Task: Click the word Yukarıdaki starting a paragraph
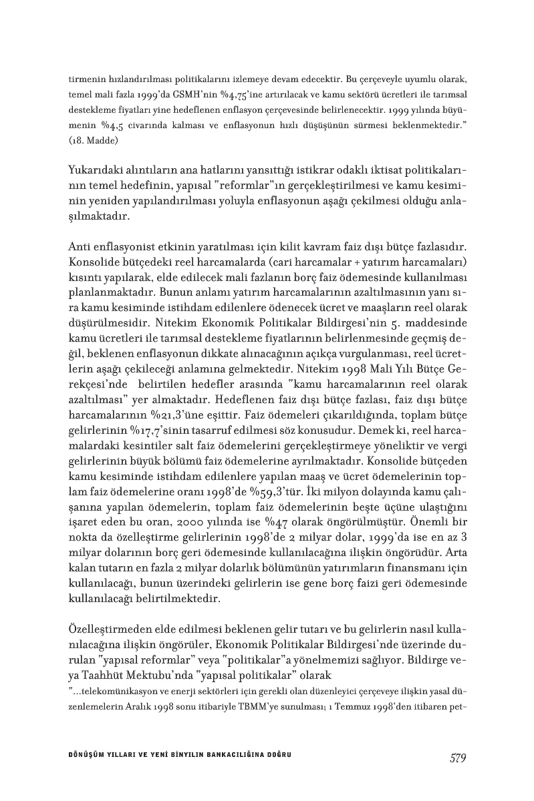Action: (x=96, y=170)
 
